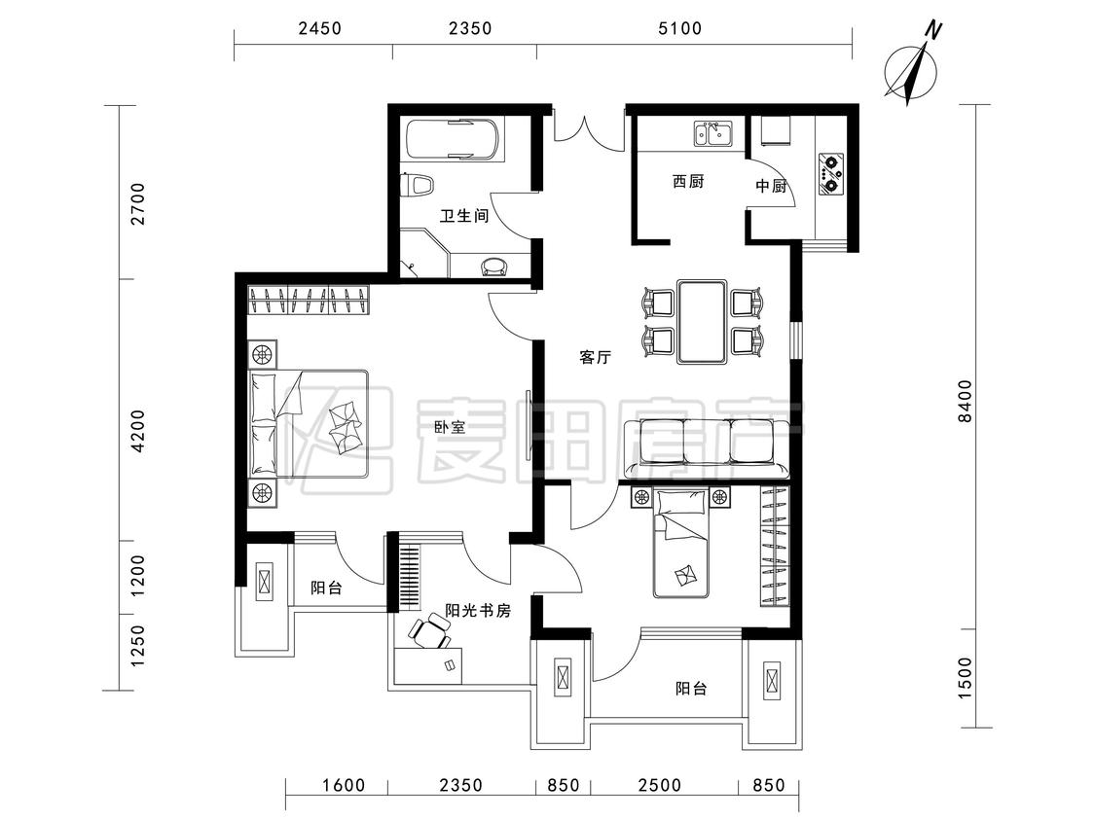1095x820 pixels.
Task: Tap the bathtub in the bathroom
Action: (x=454, y=140)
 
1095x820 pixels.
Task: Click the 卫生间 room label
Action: (x=463, y=216)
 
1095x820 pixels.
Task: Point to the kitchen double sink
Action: (x=712, y=133)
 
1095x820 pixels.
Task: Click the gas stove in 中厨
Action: (x=830, y=174)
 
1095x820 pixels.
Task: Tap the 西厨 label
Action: (x=688, y=182)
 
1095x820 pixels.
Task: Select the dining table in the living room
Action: (x=702, y=321)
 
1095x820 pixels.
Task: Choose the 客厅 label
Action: (x=595, y=357)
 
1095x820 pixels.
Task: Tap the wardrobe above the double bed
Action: (x=309, y=301)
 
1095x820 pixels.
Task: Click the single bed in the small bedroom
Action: (x=681, y=544)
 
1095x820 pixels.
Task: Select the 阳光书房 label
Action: (x=478, y=611)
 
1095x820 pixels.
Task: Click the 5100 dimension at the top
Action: (x=680, y=28)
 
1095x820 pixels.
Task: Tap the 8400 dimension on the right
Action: (x=965, y=402)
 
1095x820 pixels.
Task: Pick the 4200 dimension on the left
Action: (x=138, y=431)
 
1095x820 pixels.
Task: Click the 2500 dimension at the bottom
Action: (x=659, y=785)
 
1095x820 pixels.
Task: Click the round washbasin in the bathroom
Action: (x=494, y=266)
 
